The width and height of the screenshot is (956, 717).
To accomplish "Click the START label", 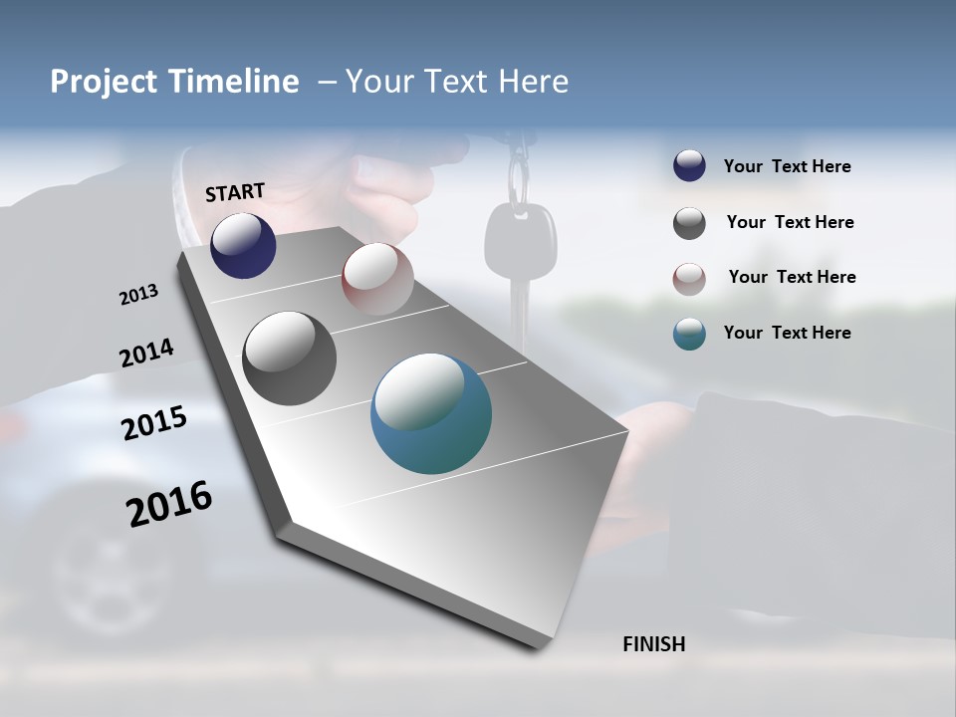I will [235, 192].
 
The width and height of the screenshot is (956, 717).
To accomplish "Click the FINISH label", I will [653, 644].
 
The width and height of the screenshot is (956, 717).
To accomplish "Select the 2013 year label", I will [138, 295].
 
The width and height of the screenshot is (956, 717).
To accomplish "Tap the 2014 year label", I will [146, 353].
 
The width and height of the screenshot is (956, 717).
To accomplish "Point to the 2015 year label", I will [154, 423].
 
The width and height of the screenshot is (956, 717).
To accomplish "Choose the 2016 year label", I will [169, 504].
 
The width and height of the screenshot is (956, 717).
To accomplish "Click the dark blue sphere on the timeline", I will [243, 246].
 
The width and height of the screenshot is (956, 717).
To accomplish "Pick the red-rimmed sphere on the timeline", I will [377, 278].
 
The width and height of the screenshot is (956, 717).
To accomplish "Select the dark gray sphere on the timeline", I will [289, 358].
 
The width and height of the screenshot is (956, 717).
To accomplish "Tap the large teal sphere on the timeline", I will [431, 413].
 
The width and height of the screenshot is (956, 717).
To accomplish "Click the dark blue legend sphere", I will [689, 166].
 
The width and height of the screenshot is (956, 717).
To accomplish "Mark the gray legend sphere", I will [689, 223].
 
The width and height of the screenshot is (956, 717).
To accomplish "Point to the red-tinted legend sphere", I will [689, 279].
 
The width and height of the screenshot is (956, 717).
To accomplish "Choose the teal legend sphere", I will [689, 334].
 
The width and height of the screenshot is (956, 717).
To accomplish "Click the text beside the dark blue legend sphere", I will [787, 167].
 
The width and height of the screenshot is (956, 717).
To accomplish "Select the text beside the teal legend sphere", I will [787, 333].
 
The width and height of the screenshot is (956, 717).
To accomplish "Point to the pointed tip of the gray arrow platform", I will [538, 645].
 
